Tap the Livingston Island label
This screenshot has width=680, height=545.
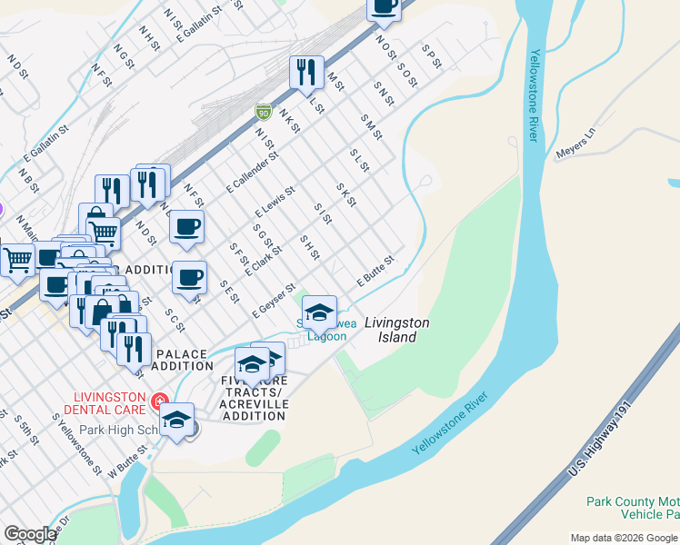point(397,330)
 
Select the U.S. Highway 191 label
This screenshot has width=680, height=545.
point(597,444)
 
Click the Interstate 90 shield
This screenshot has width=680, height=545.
point(263,112)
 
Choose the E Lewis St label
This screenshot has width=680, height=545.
point(275,202)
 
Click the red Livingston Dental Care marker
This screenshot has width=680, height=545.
point(160,400)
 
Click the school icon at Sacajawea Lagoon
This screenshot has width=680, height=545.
point(319,313)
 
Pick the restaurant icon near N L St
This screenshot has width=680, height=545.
point(306,72)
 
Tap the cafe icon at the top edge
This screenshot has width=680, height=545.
point(384,7)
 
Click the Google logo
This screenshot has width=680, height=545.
point(30,534)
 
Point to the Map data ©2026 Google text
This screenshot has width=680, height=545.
point(624,538)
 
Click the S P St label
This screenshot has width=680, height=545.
point(431,56)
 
